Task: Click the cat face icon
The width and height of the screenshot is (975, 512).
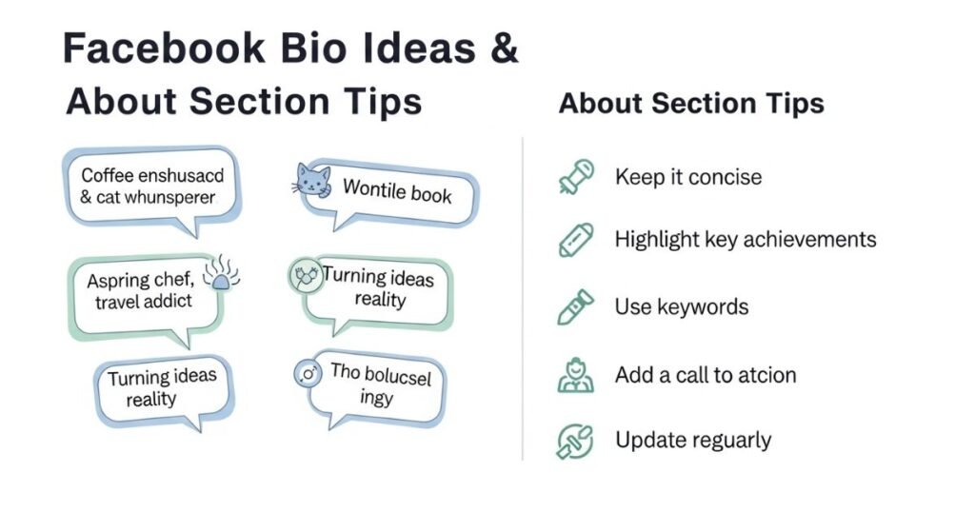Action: pos(313,181)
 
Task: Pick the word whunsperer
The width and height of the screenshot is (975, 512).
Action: pos(169,198)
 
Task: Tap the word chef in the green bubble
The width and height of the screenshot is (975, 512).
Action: pos(174,281)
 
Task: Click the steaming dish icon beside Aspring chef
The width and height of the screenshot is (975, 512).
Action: pos(222,273)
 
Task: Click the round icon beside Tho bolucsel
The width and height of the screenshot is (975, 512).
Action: pos(308,374)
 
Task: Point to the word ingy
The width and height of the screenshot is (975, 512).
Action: pos(376,398)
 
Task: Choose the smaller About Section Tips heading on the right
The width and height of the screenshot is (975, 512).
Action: pos(691,104)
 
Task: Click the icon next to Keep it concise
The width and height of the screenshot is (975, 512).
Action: pos(576,177)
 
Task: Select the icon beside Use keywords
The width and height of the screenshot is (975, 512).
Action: pos(576,306)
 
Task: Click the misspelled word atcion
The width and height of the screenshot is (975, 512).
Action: pos(765,375)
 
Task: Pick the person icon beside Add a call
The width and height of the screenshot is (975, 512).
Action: pos(576,374)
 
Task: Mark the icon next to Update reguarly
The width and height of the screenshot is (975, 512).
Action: pos(576,441)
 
